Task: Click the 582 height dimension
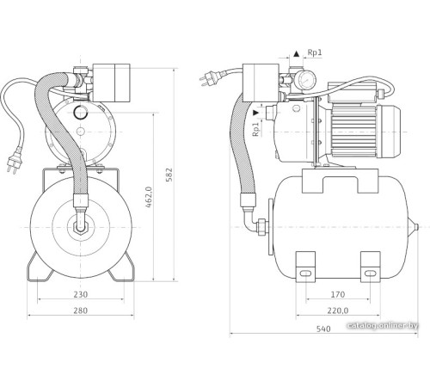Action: [x=169, y=175]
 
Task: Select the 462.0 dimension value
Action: [x=149, y=197]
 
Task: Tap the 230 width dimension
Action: [x=81, y=294]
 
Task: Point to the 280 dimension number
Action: [x=81, y=310]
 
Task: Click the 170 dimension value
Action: [x=338, y=294]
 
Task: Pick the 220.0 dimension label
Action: [x=338, y=310]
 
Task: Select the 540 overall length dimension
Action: [x=323, y=329]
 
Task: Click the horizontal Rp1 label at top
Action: [x=315, y=52]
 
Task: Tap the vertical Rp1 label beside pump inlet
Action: [x=255, y=129]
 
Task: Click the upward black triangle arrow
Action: [x=297, y=53]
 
